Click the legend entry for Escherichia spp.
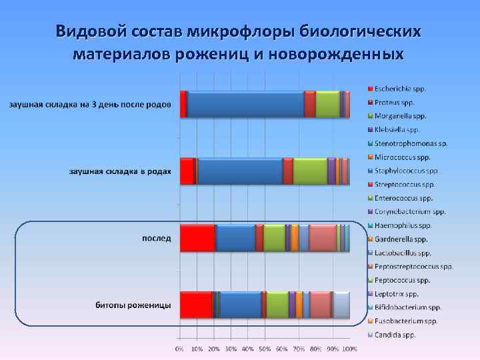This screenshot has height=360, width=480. tap(400, 89)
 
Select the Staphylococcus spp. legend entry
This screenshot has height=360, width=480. tap(404, 171)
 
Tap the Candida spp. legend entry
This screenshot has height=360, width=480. tap(395, 335)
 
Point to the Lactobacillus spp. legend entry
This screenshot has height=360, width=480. tap(403, 253)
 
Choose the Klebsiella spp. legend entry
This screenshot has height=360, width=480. tap(397, 129)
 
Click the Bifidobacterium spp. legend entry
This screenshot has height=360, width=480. tap(408, 307)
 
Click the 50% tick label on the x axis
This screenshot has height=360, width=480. tap(265, 349)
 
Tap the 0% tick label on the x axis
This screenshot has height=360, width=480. tap(179, 349)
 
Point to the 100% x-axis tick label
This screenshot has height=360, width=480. tap(350, 349)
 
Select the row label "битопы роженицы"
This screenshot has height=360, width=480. tap(133, 305)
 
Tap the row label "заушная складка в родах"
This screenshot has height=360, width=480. tap(120, 171)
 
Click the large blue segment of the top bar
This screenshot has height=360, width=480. tap(245, 104)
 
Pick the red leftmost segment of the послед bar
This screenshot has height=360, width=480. tap(197, 237)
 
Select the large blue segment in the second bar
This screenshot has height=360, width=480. tap(240, 171)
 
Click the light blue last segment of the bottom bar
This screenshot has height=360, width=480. tap(341, 304)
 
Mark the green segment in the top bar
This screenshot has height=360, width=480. tap(327, 104)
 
